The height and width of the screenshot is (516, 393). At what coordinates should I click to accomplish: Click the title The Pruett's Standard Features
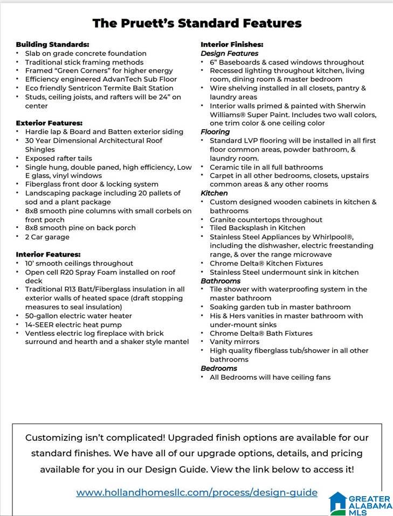(197, 23)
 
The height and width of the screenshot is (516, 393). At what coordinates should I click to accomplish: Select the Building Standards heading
(52, 44)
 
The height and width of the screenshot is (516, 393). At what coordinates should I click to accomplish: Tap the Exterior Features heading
(49, 123)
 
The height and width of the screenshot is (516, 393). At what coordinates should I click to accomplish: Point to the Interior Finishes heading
(232, 44)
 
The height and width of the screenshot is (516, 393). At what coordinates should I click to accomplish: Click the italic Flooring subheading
(215, 132)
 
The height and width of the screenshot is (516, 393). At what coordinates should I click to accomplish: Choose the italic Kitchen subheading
(214, 193)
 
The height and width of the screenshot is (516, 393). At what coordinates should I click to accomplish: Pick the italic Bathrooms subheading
(220, 281)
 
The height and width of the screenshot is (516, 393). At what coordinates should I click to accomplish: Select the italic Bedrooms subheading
(219, 369)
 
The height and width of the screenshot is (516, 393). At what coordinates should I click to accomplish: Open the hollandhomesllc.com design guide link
(197, 492)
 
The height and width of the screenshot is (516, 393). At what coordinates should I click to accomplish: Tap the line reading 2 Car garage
(47, 237)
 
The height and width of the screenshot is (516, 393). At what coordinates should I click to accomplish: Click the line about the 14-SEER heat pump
(73, 324)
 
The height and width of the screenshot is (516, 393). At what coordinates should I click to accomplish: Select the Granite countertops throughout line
(266, 220)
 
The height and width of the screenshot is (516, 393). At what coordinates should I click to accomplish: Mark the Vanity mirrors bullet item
(235, 342)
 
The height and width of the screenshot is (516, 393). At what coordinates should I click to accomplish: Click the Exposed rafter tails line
(58, 158)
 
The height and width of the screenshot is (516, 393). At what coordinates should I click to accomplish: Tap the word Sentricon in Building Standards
(85, 88)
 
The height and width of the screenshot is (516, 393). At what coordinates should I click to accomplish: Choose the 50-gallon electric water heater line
(78, 316)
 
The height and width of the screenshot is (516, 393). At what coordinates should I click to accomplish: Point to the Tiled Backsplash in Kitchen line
(257, 228)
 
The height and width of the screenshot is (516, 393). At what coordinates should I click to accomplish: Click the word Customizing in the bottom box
(54, 437)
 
